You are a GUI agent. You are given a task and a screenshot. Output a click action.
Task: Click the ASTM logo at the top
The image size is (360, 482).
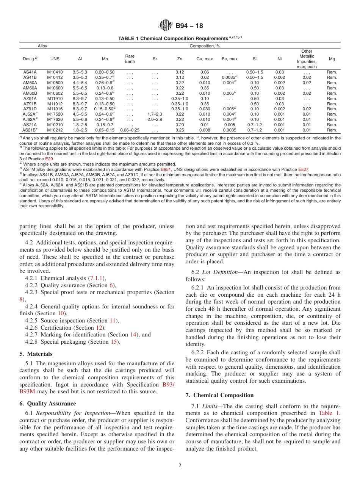pyautogui.click(x=166, y=26)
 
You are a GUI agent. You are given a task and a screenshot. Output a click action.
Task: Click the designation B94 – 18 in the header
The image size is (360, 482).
pyautogui.click(x=189, y=26)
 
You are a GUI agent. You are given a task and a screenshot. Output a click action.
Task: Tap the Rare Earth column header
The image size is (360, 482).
pyautogui.click(x=130, y=59)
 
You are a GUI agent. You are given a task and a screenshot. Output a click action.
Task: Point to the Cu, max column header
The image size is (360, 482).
pyautogui.click(x=205, y=59)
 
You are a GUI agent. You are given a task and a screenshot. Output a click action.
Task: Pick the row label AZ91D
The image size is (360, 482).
pyautogui.click(x=30, y=109)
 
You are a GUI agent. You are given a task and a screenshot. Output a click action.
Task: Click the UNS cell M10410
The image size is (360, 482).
pyautogui.click(x=55, y=72)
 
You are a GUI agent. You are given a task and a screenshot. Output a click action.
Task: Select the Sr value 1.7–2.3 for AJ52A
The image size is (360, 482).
pyautogui.click(x=155, y=114)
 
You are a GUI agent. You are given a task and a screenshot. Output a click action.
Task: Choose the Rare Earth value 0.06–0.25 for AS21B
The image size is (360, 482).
pyautogui.click(x=130, y=130)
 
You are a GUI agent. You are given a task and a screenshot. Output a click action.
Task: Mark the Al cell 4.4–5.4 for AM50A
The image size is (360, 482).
pyautogui.click(x=80, y=83)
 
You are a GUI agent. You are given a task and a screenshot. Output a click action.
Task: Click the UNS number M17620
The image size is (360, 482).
pyautogui.click(x=55, y=119)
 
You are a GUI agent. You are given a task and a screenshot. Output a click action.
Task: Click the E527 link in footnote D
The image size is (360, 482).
pyautogui.click(x=303, y=169)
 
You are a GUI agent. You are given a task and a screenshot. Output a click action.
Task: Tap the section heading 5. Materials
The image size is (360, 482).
pyautogui.click(x=36, y=354)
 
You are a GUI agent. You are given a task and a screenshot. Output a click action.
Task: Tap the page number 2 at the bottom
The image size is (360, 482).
pyautogui.click(x=180, y=466)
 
